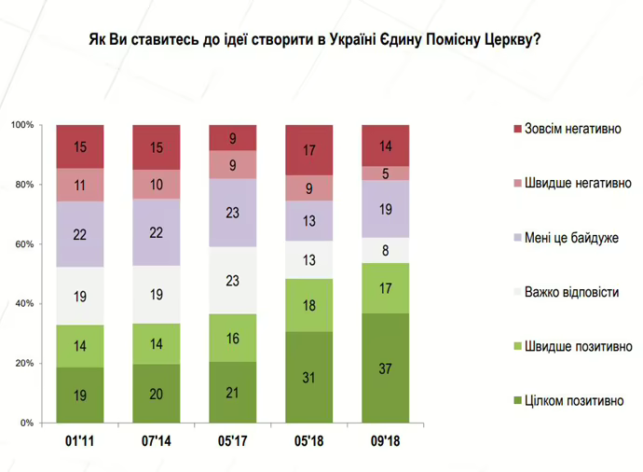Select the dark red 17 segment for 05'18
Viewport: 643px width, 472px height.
(x=308, y=149)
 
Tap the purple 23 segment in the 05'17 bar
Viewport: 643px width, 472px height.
(x=233, y=212)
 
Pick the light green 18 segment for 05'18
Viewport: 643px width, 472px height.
(x=308, y=305)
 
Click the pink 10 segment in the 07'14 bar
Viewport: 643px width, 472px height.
(x=156, y=184)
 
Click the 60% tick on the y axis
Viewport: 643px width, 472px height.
(x=22, y=244)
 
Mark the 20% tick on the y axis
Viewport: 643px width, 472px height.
(x=22, y=363)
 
